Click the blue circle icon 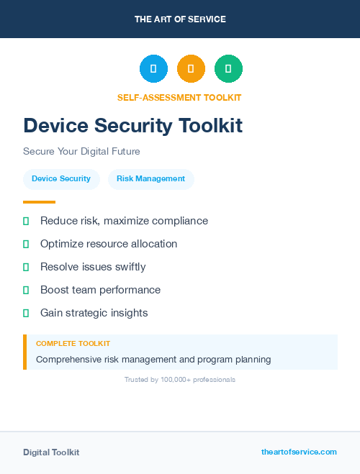[x=153, y=69]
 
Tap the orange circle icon [x=191, y=69]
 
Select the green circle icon [x=228, y=69]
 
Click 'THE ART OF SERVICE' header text [x=180, y=19]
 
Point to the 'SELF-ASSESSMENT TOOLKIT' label [x=179, y=98]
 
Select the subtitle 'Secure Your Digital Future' [x=81, y=152]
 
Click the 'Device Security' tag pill [x=61, y=179]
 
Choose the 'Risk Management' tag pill [x=150, y=179]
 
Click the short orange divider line [x=39, y=202]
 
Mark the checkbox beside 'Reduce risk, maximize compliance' [x=26, y=221]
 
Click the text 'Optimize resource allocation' [x=109, y=244]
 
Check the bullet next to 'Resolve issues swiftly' [x=26, y=267]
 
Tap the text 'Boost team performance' [x=100, y=290]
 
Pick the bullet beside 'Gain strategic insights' [x=26, y=313]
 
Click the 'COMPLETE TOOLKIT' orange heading [x=73, y=344]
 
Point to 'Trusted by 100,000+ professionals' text [x=180, y=379]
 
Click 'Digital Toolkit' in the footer [x=51, y=452]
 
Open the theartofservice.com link [x=299, y=452]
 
